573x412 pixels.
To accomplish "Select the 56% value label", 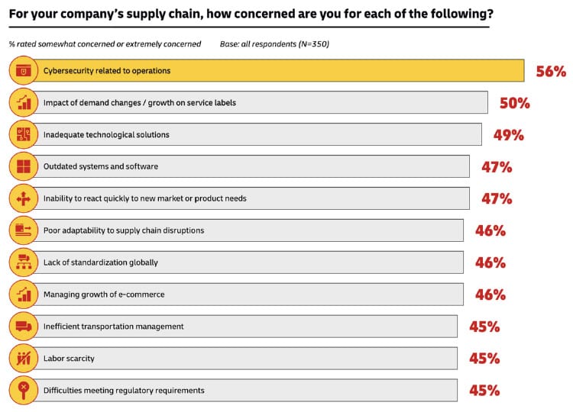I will [550, 72].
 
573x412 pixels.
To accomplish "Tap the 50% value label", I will [514, 103].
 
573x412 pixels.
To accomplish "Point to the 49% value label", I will [508, 135].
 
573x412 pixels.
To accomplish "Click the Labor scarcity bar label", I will [70, 358].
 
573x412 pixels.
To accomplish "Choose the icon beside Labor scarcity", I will [23, 358].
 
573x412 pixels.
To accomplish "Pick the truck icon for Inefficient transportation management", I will [23, 326].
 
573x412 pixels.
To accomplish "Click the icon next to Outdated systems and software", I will [23, 166].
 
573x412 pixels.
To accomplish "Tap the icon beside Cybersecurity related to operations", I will [23, 71].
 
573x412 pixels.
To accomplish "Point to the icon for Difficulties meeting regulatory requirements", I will [23, 390].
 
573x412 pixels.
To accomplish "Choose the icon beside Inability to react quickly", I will [23, 198].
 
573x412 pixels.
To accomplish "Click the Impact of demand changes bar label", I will [140, 103].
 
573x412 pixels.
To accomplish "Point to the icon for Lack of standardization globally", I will [23, 262].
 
